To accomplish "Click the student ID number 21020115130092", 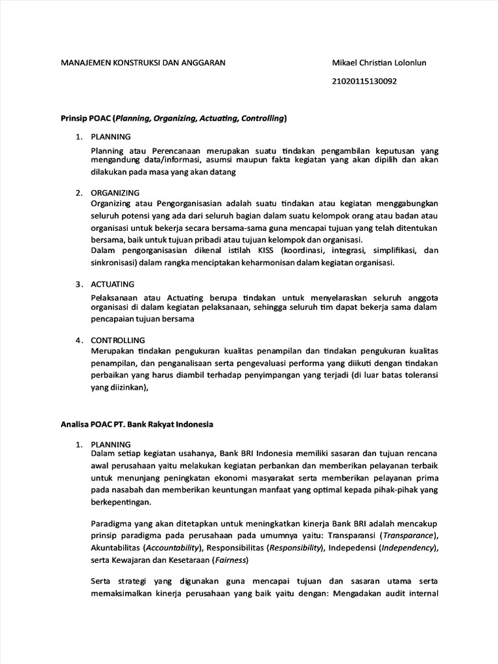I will coord(364,82).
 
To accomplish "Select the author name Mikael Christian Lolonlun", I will coord(379,63).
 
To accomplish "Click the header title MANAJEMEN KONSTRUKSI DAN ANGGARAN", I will coord(143,63).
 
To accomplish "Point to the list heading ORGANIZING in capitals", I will coord(115,193).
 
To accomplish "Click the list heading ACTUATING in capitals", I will coord(113,284).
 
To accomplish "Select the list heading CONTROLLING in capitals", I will coord(118,340).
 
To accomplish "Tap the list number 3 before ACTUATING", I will coord(78,284).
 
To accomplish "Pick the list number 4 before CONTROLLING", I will coord(78,340).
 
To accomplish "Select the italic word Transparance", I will coord(408,534).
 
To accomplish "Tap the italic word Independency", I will coord(407,547).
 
